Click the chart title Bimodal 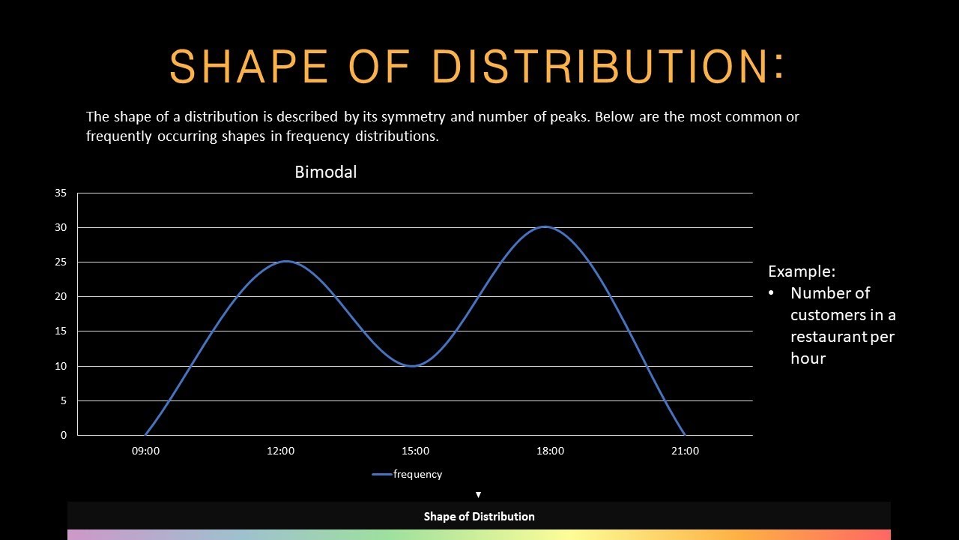coord(325,172)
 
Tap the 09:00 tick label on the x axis coord(145,451)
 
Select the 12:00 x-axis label coord(280,451)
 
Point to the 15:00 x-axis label coord(415,451)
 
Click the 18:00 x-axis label coord(550,451)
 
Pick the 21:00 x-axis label coord(685,451)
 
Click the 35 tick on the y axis coord(61,193)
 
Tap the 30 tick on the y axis coord(61,227)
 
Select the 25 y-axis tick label coord(61,262)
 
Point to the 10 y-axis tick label coord(61,366)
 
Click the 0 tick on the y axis coord(64,435)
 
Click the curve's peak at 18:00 coord(545,226)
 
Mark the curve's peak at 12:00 coord(285,262)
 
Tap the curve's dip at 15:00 coord(414,366)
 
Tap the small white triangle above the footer coord(478,494)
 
